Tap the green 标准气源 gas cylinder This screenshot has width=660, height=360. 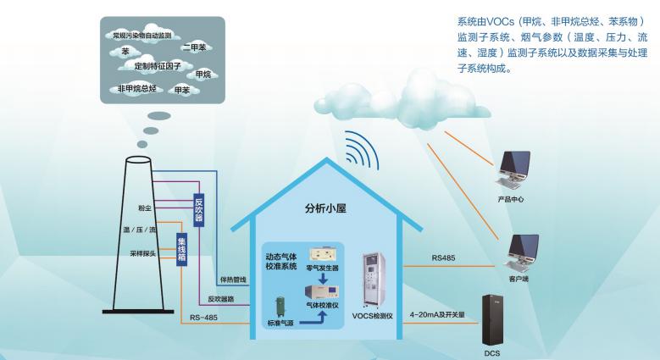click(x=278, y=309)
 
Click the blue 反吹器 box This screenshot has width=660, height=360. click(x=199, y=208)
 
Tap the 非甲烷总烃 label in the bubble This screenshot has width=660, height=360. click(x=136, y=88)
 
